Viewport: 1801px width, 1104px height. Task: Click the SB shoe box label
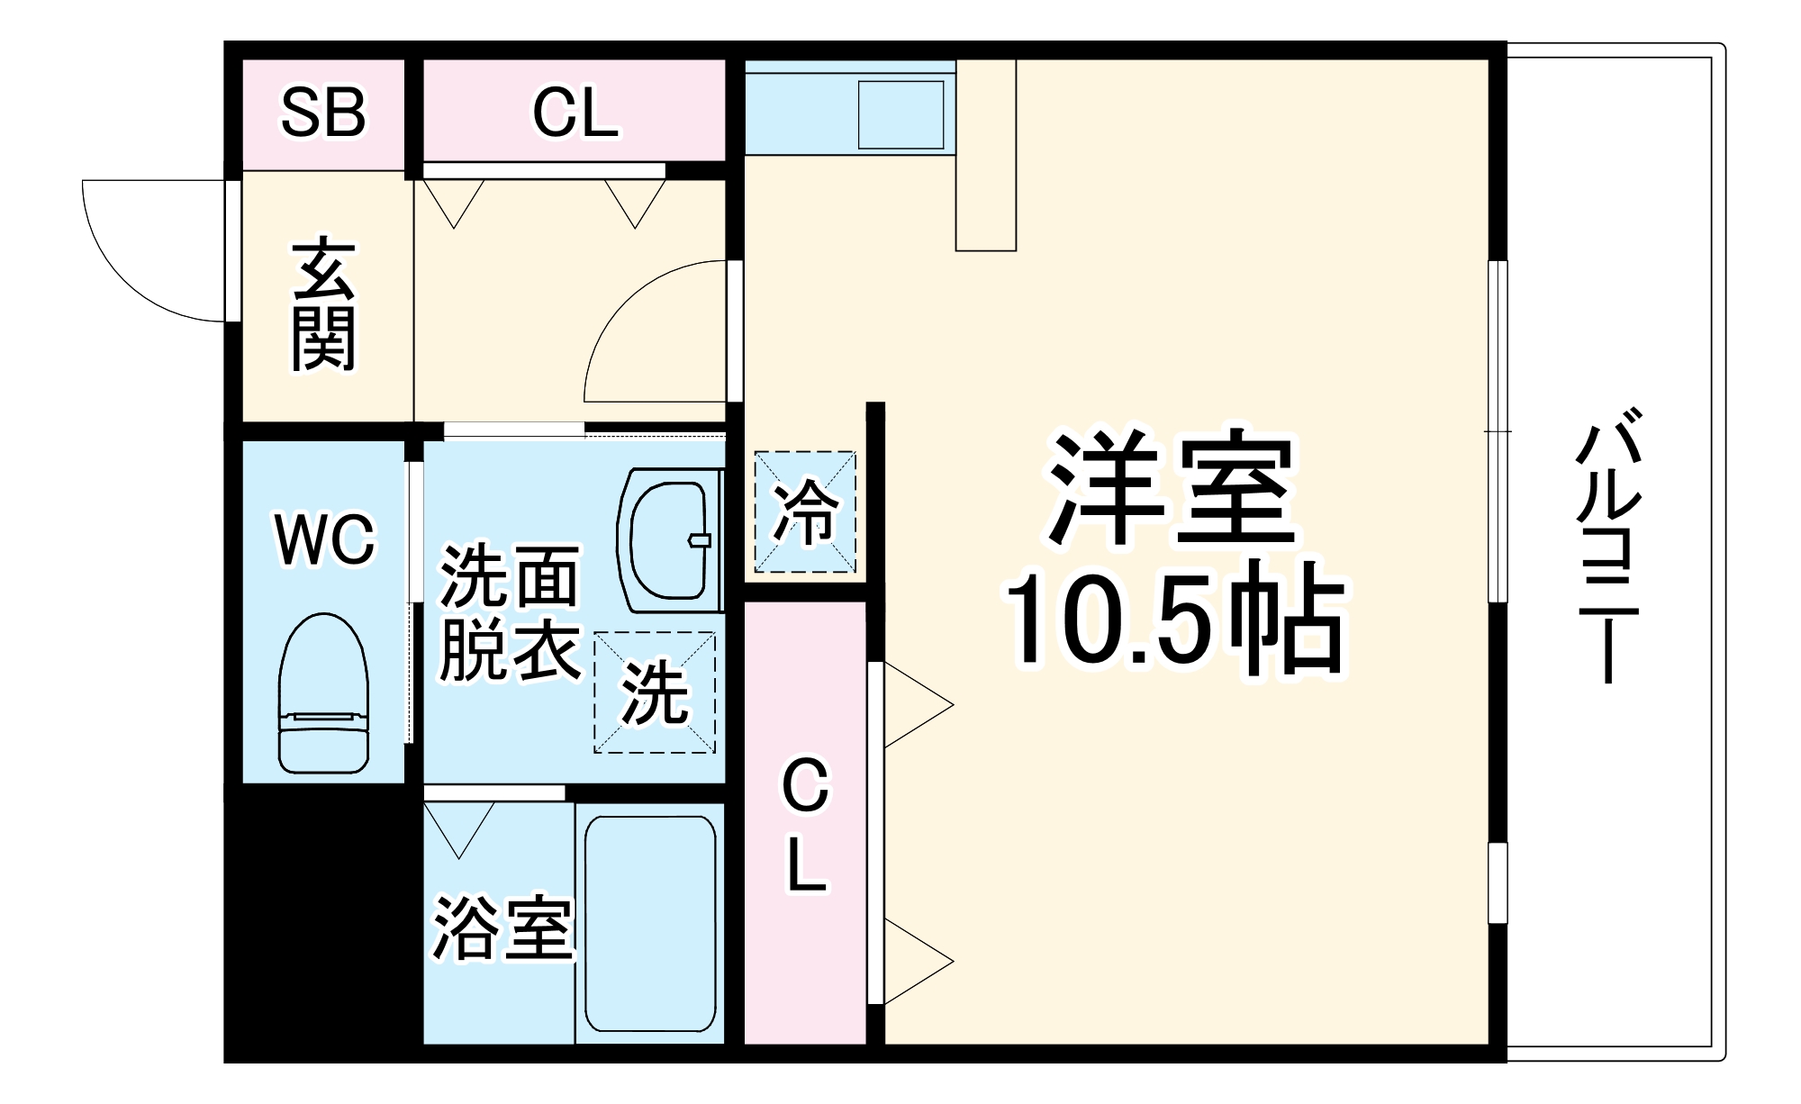tap(323, 113)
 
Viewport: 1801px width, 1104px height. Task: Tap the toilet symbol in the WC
tap(324, 693)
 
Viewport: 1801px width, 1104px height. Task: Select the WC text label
tap(324, 540)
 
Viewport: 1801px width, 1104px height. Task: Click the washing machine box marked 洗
tap(655, 692)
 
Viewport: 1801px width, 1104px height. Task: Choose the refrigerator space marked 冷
tap(805, 511)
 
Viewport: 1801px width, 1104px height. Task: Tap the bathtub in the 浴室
tap(650, 926)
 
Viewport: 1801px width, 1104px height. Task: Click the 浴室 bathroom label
tap(502, 928)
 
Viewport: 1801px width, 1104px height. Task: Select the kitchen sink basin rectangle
tap(900, 114)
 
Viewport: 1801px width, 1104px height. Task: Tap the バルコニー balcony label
tap(1607, 545)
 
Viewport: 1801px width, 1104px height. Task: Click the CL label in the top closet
tap(575, 113)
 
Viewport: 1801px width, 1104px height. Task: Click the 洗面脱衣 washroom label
tap(510, 612)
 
